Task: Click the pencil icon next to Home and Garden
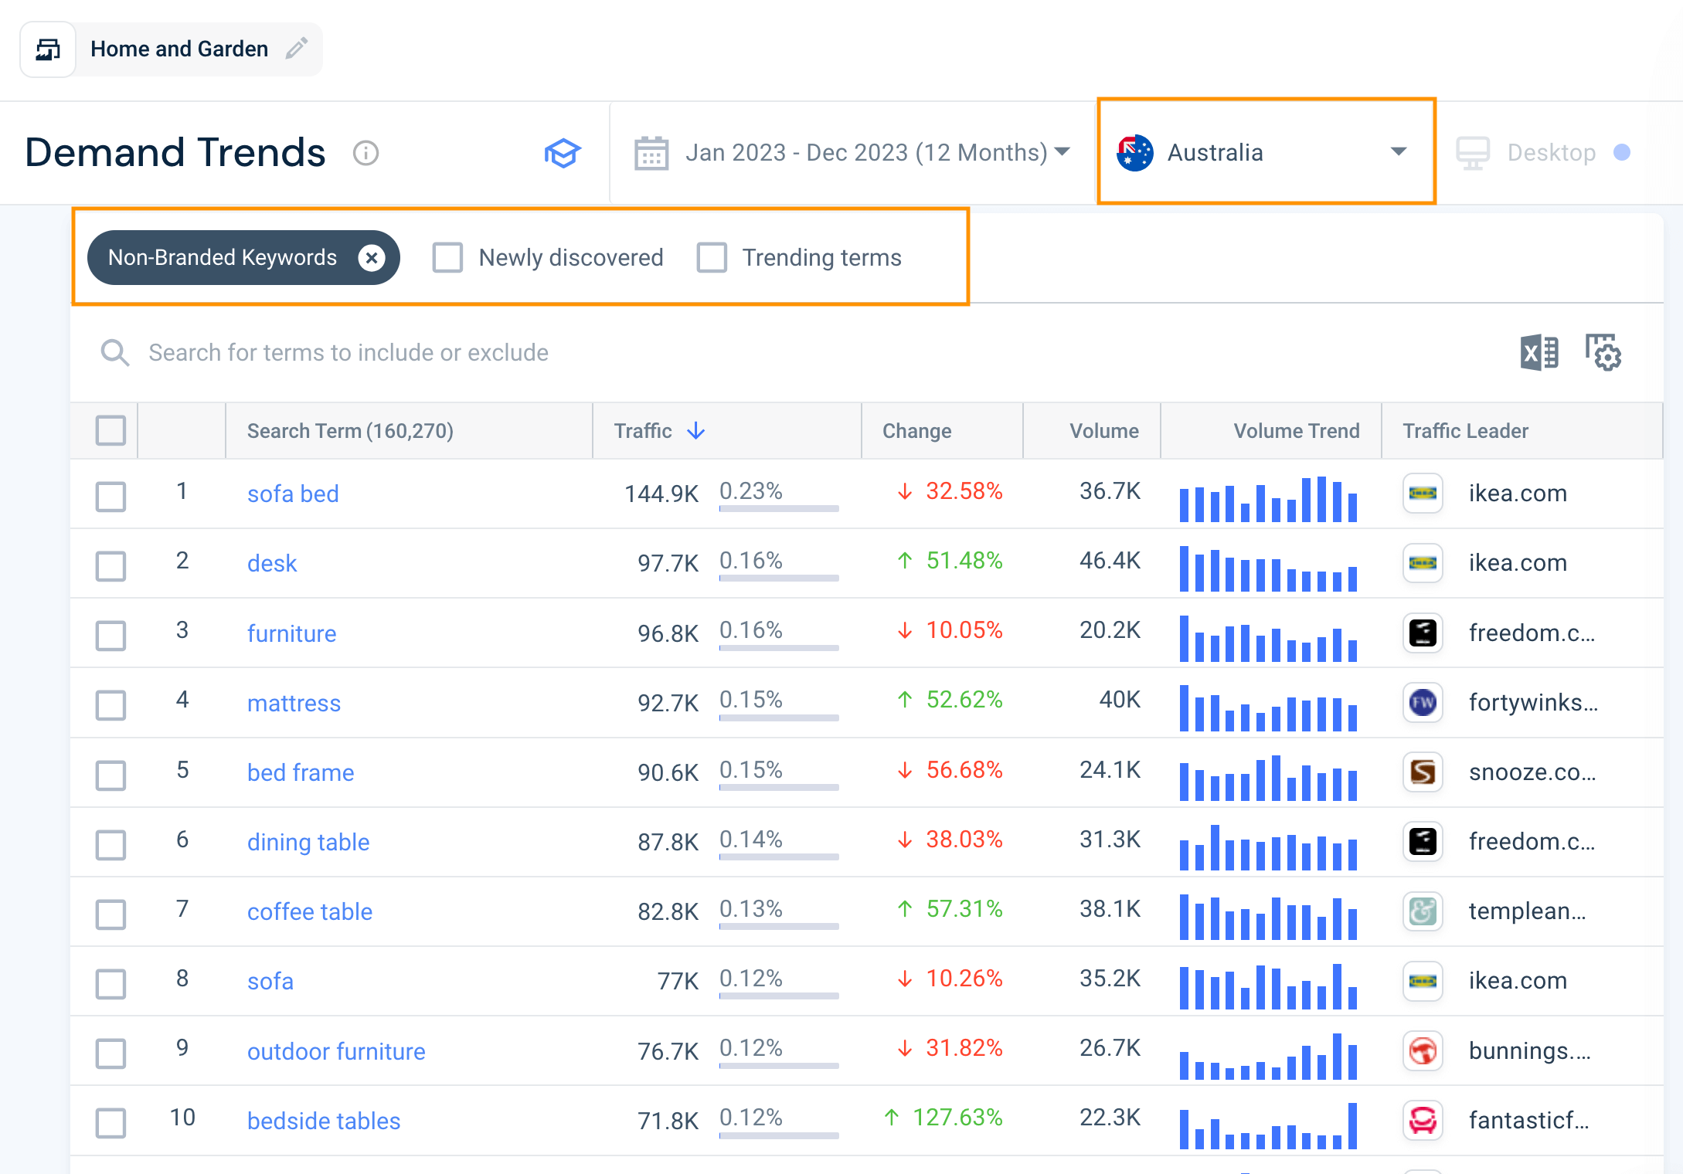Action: coord(297,49)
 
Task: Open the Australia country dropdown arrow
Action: coord(1398,151)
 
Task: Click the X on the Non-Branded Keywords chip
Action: coord(372,258)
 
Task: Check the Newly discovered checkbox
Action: coord(447,258)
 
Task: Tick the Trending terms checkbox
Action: coord(712,258)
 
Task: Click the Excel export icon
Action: coord(1538,353)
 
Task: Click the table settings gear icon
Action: coord(1603,353)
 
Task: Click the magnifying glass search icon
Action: coord(115,353)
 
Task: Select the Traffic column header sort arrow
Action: coord(696,431)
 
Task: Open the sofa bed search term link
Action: coord(293,494)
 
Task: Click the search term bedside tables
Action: coord(324,1121)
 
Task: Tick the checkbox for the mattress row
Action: coord(111,704)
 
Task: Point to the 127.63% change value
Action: coord(957,1118)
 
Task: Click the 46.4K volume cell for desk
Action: coord(1110,561)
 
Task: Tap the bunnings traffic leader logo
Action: coord(1423,1050)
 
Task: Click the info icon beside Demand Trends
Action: coord(365,153)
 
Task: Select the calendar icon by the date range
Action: coord(651,153)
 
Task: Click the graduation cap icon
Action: coord(563,153)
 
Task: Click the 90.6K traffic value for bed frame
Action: coord(668,772)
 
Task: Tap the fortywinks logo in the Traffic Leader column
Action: coord(1423,702)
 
